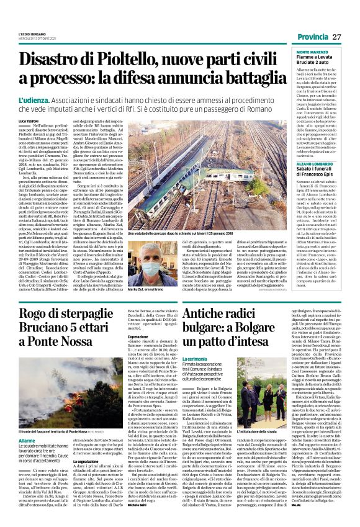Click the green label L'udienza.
[x=35, y=100]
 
